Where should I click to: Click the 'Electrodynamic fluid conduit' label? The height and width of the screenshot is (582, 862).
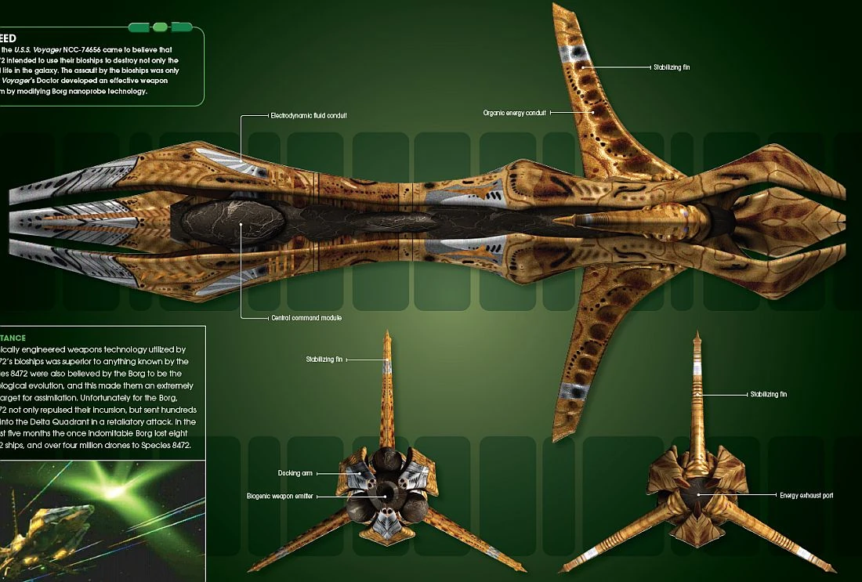(308, 116)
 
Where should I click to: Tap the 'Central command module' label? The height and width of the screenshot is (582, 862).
(306, 318)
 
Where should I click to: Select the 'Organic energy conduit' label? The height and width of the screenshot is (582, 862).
(513, 114)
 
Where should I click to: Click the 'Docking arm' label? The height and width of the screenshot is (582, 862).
(295, 473)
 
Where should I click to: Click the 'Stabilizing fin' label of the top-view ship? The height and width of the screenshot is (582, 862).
(672, 68)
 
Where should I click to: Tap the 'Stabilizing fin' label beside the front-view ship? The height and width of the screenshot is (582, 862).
(324, 360)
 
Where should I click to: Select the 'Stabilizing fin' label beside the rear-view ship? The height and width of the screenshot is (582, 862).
(769, 394)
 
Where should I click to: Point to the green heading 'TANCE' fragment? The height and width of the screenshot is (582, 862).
(13, 338)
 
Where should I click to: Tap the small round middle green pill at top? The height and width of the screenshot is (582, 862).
(160, 27)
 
